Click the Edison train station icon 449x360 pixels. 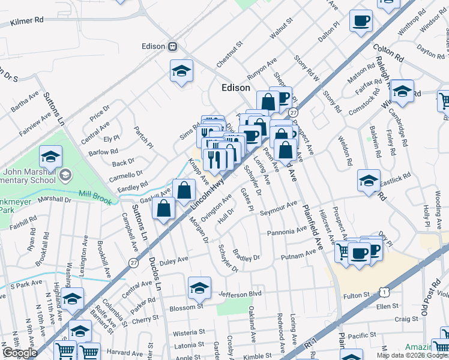(172, 46)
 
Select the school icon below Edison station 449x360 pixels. (181, 71)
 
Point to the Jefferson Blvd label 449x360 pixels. (241, 293)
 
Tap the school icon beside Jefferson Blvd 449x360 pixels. (199, 288)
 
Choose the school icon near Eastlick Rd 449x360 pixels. (369, 180)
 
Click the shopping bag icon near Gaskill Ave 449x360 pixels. (184, 191)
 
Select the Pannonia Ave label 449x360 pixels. (287, 231)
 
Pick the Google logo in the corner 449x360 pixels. (19, 353)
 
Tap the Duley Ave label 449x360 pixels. (173, 260)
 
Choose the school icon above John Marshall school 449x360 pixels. (51, 157)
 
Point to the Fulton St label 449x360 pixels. (355, 295)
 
